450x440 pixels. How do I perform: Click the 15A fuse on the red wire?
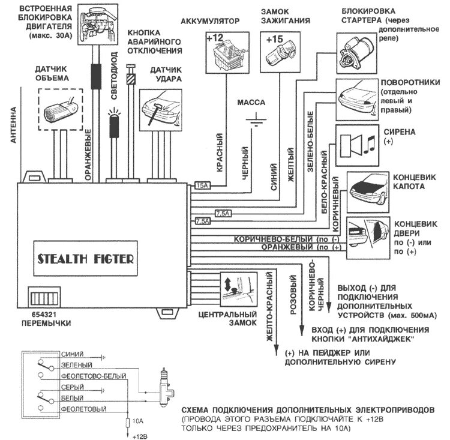click(202, 186)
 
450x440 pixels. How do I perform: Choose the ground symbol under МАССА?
click(256, 121)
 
